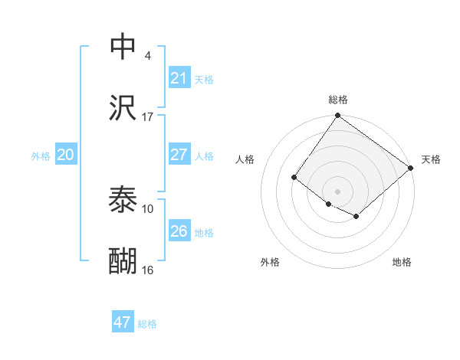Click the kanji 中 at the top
point(123,46)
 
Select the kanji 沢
point(123,109)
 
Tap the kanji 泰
point(123,200)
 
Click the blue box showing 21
point(179,78)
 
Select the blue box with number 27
point(179,155)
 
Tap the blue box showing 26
point(179,231)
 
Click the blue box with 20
point(66,155)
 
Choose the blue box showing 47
point(123,322)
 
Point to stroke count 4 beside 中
point(148,56)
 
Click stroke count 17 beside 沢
point(148,117)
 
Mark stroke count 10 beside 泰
point(148,208)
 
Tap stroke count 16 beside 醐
point(148,270)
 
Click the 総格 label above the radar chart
point(337,100)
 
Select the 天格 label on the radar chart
point(431,159)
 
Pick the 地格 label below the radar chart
point(402,262)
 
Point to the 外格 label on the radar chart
point(270,262)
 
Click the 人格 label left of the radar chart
point(245,159)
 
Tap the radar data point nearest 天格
point(411,168)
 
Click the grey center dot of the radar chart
point(337,191)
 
